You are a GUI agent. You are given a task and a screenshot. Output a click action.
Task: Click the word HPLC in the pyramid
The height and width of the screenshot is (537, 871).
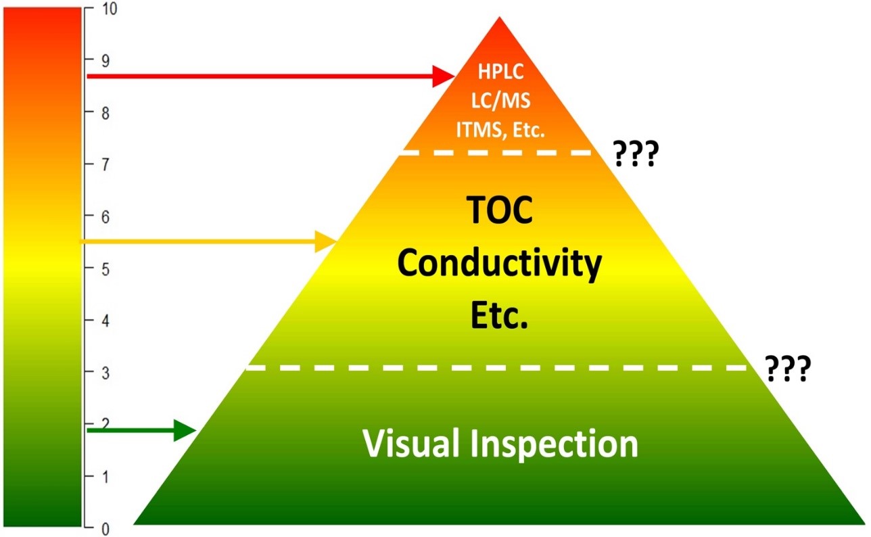pyautogui.click(x=500, y=71)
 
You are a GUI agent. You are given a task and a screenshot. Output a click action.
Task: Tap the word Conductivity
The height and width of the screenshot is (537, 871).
pyautogui.click(x=500, y=264)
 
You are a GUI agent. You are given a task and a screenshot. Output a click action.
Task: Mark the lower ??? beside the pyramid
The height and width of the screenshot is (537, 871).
pyautogui.click(x=787, y=369)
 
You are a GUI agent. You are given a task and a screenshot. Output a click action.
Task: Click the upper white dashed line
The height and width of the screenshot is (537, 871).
pyautogui.click(x=500, y=153)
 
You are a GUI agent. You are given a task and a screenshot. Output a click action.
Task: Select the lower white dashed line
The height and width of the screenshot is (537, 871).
pyautogui.click(x=500, y=367)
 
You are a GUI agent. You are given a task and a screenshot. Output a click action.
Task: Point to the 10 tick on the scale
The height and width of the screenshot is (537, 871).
pyautogui.click(x=108, y=10)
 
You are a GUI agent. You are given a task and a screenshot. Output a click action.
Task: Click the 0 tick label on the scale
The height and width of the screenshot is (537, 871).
pyautogui.click(x=104, y=529)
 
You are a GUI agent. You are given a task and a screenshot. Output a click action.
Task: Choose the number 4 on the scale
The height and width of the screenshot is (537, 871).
pyautogui.click(x=104, y=321)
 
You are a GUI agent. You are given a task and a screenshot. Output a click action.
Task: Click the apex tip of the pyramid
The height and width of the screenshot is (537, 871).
pyautogui.click(x=500, y=18)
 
